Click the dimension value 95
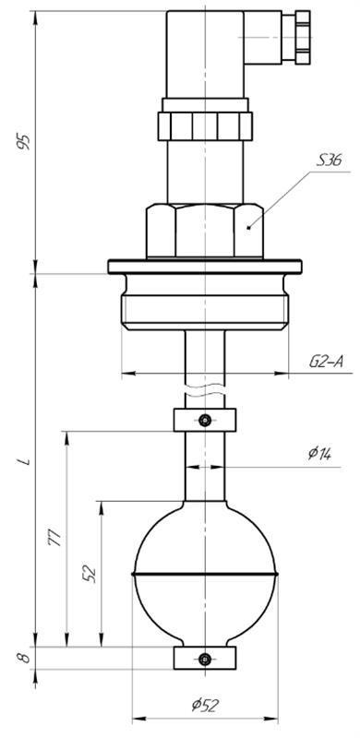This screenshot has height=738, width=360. (24, 142)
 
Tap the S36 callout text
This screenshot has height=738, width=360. (329, 161)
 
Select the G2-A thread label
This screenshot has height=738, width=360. (326, 362)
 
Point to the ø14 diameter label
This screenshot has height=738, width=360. (320, 453)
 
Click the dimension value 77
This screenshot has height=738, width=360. (55, 538)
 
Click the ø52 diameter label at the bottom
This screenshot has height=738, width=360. (206, 705)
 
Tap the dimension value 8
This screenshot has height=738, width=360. (25, 657)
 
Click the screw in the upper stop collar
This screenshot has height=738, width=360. (205, 420)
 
